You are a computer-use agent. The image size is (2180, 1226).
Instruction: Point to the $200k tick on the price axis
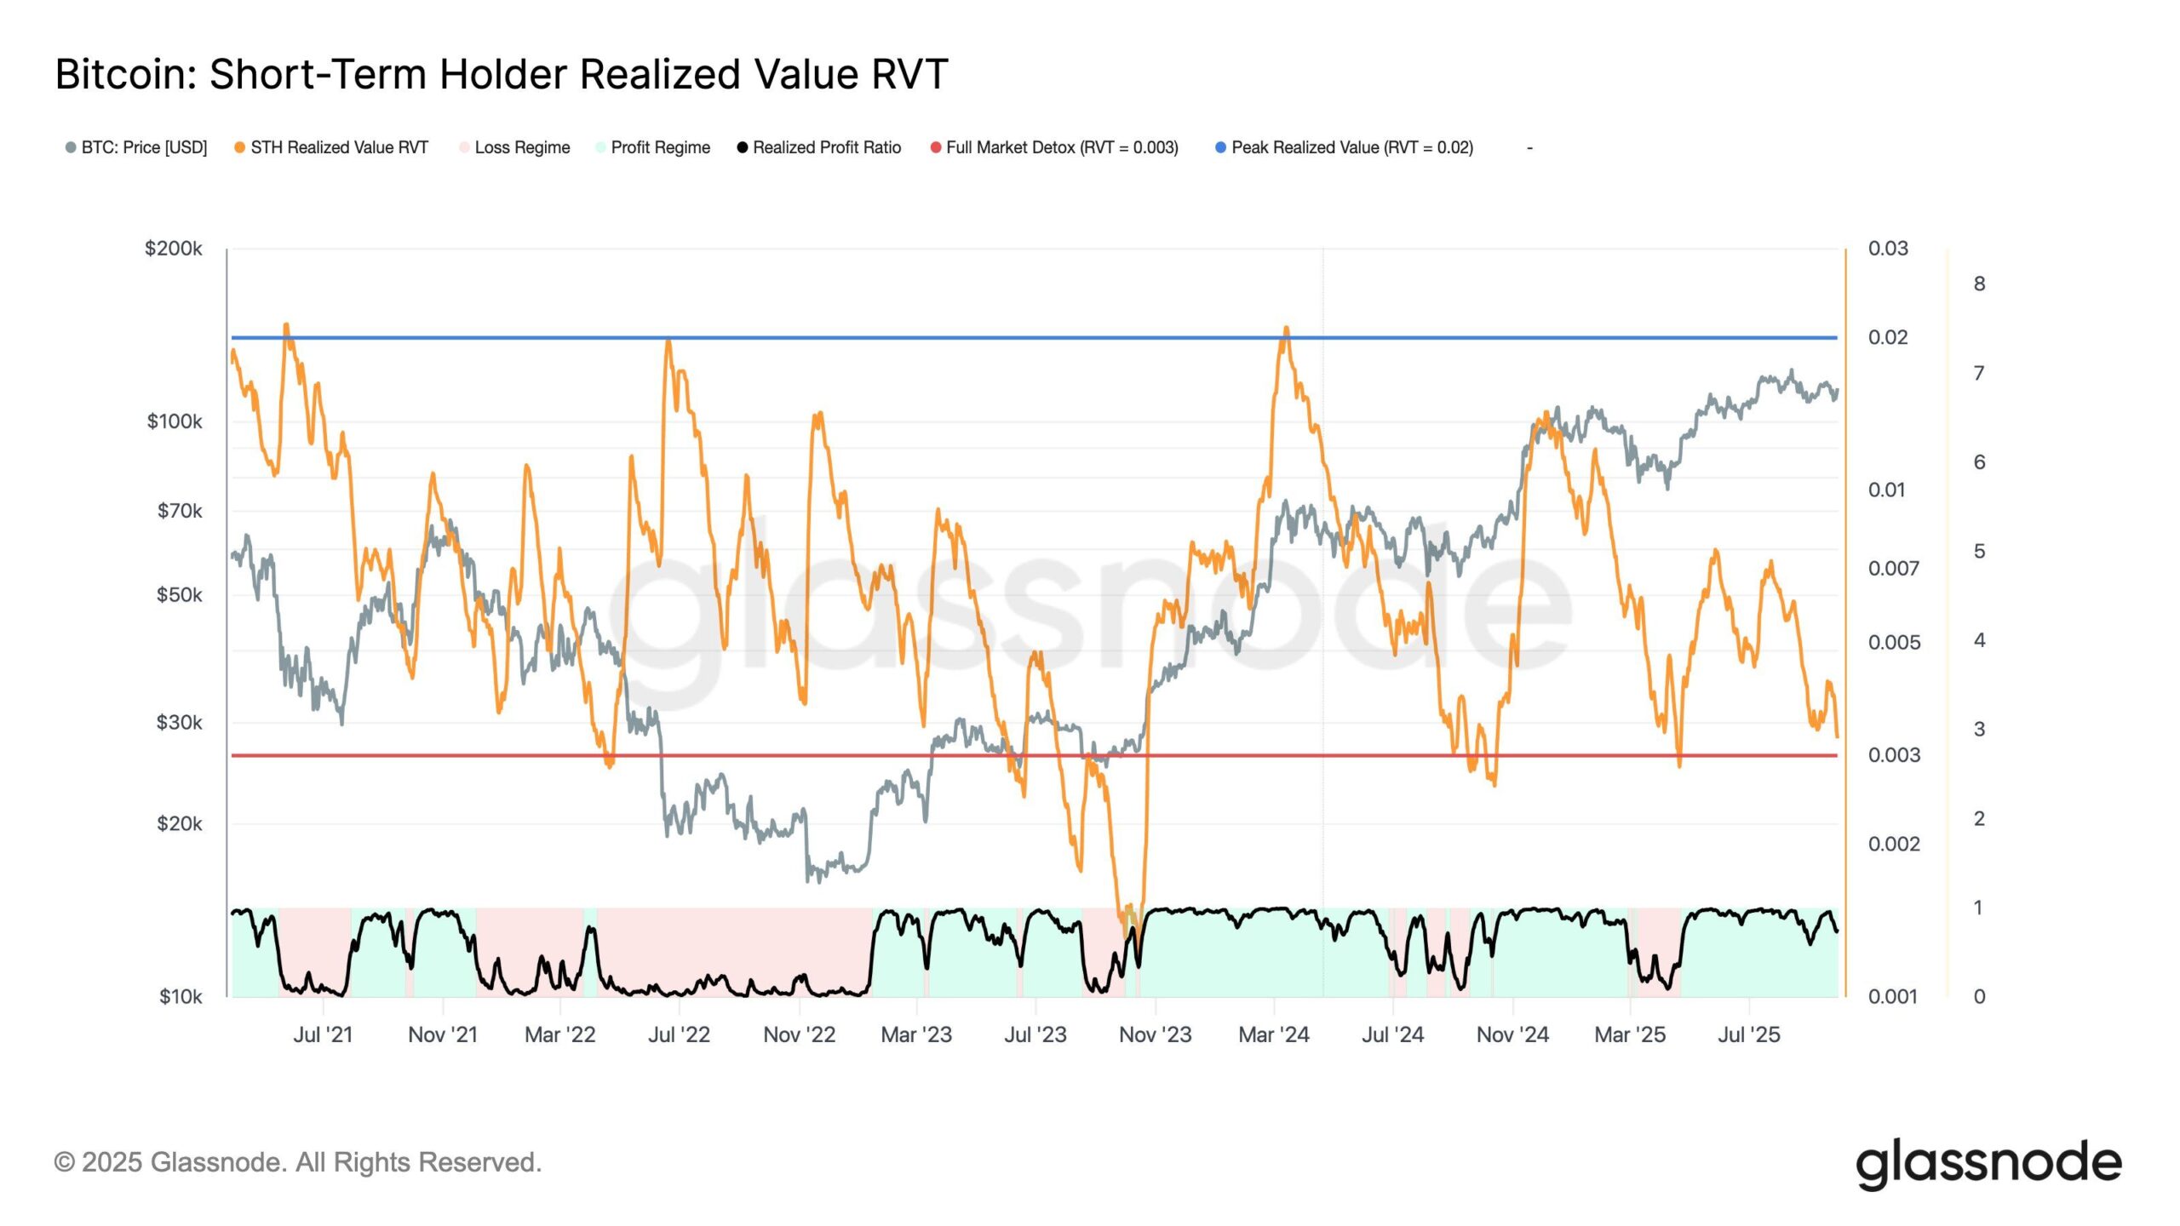pos(174,249)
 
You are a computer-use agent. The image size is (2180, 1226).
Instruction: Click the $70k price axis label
pos(180,511)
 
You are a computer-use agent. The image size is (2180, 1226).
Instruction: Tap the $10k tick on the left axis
pos(181,996)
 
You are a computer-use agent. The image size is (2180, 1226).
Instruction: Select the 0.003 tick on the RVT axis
pos(1894,755)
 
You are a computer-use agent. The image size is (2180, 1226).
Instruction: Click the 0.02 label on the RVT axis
pos(1888,337)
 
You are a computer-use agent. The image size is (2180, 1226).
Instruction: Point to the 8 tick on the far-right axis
pos(1979,284)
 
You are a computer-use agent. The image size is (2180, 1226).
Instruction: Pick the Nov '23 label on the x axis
pos(1155,1034)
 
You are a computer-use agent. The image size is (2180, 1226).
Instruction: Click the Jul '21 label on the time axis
pos(323,1034)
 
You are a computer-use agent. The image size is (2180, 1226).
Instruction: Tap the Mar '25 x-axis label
pos(1630,1034)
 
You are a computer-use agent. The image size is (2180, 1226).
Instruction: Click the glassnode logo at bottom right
pos(1988,1163)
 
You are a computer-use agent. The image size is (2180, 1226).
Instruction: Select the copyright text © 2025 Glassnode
pos(297,1162)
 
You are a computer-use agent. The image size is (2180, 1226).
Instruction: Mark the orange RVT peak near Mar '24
pos(1286,328)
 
